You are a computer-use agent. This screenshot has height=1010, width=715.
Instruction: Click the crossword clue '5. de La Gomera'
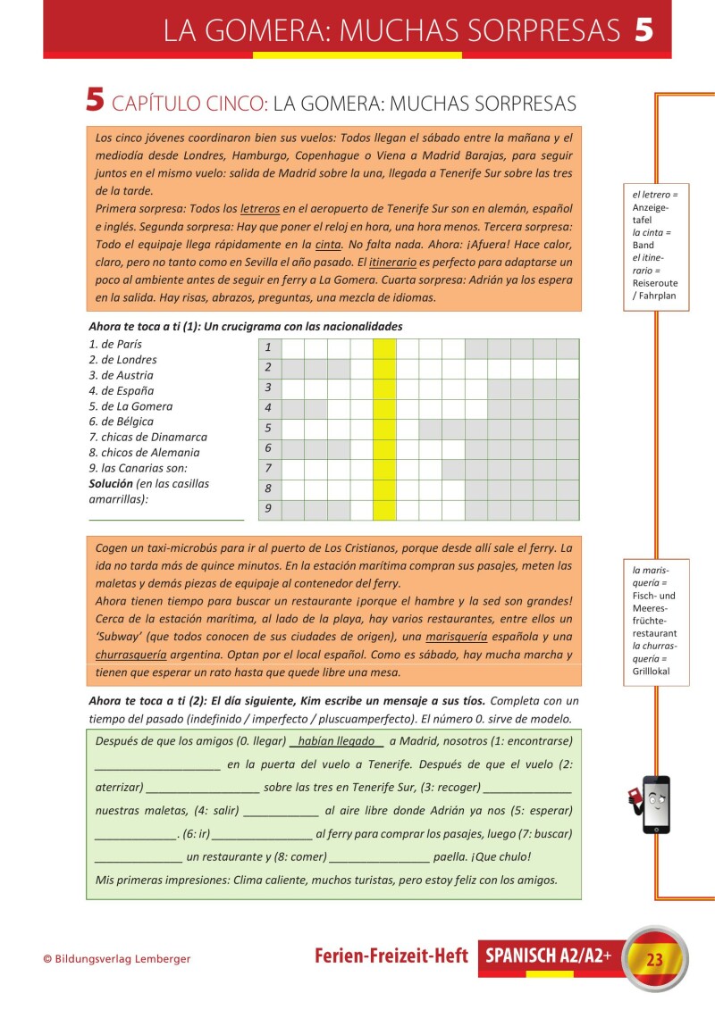coord(130,406)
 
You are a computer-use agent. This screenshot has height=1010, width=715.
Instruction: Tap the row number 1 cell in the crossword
coord(268,347)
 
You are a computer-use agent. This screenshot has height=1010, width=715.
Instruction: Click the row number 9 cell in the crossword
coord(268,510)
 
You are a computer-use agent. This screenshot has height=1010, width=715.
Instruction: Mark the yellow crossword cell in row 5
coord(384,429)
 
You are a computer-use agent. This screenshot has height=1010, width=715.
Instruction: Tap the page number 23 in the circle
coord(655,960)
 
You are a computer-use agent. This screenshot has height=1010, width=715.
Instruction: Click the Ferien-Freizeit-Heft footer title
coord(391,956)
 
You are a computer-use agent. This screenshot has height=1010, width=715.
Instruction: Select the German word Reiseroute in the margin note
coord(654,283)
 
